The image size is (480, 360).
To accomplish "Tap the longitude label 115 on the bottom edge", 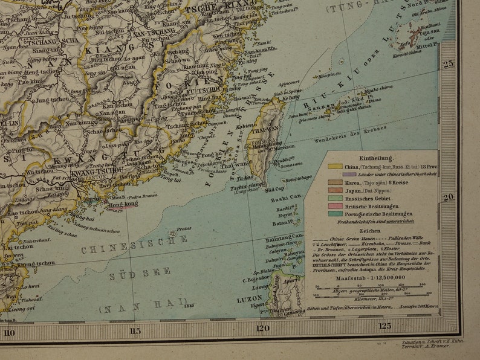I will tap(135, 330).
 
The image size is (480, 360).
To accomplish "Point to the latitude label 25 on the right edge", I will tap(448, 64).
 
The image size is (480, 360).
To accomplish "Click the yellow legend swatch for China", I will tap(334, 166).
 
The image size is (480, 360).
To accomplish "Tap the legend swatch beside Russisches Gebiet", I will tap(334, 197).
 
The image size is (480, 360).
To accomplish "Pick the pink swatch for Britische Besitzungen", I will tap(334, 205).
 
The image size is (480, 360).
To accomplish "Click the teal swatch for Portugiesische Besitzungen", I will tap(334, 213).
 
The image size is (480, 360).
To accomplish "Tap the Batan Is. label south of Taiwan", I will tap(281, 223).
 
